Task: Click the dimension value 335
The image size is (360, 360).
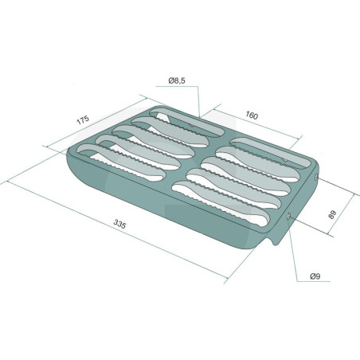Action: tap(119, 224)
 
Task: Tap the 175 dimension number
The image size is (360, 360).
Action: tap(83, 120)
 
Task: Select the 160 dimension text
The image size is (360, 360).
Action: tap(252, 115)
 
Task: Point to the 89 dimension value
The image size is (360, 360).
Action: tap(332, 214)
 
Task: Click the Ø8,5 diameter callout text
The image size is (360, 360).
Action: tap(177, 80)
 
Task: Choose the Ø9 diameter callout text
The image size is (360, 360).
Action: tap(315, 276)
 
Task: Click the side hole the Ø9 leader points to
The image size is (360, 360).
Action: tap(288, 217)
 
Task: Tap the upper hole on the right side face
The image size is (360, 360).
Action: tap(316, 178)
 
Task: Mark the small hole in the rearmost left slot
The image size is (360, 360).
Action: tap(190, 124)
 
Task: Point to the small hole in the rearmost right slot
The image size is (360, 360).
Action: tap(284, 160)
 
